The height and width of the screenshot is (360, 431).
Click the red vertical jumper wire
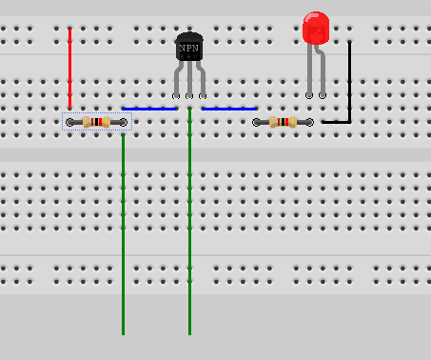[x=69, y=67]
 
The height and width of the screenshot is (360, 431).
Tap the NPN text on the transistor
[x=189, y=47]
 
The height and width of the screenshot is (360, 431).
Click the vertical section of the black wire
[x=349, y=81]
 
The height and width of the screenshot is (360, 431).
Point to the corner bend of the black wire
[x=349, y=121]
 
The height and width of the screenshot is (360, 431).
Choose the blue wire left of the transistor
[x=149, y=109]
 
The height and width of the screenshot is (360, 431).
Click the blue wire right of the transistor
[x=229, y=109]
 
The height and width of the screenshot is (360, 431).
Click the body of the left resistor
[x=97, y=122]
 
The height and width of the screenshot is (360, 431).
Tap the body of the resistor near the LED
[x=283, y=122]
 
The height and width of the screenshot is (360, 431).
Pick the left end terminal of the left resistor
[x=70, y=122]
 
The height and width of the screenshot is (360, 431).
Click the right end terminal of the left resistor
[x=124, y=122]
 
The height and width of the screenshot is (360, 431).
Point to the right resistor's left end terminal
[x=257, y=122]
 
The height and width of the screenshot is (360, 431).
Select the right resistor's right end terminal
[x=309, y=122]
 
